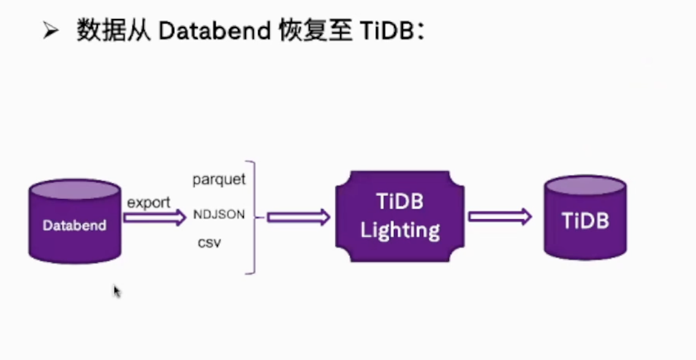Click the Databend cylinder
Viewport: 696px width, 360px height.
pos(75,221)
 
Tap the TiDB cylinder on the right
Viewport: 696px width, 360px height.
pos(585,217)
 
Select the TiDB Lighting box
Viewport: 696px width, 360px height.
pos(400,216)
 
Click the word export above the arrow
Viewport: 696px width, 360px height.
pos(149,203)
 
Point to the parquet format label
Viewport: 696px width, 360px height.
pos(219,179)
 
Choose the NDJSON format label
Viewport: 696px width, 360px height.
pos(219,214)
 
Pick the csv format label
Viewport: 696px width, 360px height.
pos(209,244)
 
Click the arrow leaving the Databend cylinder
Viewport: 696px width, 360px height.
pos(155,218)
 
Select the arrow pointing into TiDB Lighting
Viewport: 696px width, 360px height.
pos(298,217)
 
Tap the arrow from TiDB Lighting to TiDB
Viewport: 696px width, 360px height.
pos(500,217)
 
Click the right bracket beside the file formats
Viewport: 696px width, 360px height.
pos(254,217)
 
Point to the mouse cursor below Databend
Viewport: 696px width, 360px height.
pos(117,291)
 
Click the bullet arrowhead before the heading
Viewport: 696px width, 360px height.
pos(51,31)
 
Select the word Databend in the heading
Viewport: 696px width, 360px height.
pos(214,31)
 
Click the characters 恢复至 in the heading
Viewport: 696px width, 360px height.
pos(316,31)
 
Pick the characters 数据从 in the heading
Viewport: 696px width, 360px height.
pos(113,31)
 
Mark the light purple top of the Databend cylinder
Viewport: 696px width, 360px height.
pos(75,189)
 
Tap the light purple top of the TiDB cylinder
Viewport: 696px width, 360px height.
pos(585,186)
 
